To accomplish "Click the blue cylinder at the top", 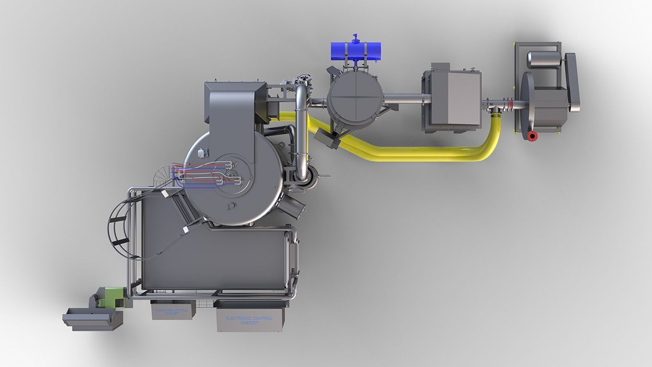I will tap(356, 51).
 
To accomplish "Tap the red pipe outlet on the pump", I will tap(532, 136).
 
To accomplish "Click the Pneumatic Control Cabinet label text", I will tap(172, 311).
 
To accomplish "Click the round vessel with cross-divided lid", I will tap(354, 98).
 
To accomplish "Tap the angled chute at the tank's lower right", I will tap(295, 207).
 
